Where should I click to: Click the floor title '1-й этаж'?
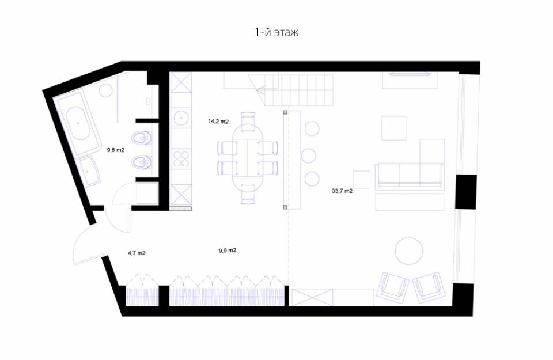pyautogui.click(x=277, y=32)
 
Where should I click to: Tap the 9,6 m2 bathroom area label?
pyautogui.click(x=116, y=150)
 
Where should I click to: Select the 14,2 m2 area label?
pyautogui.click(x=218, y=122)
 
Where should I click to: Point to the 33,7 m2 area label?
pyautogui.click(x=342, y=191)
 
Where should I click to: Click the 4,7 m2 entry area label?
pyautogui.click(x=137, y=253)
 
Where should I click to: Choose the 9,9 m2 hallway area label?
pyautogui.click(x=228, y=251)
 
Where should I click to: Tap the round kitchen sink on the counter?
pyautogui.click(x=181, y=117)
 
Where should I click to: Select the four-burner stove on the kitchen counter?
pyautogui.click(x=181, y=158)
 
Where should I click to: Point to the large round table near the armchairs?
pyautogui.click(x=409, y=251)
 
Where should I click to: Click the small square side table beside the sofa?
pyautogui.click(x=362, y=180)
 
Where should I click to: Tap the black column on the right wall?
pyautogui.click(x=466, y=192)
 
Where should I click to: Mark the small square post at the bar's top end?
pyautogui.click(x=285, y=112)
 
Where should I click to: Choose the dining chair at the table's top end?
pyautogui.click(x=248, y=120)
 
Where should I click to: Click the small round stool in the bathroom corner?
pyautogui.click(x=105, y=90)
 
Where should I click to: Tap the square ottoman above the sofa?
pyautogui.click(x=393, y=128)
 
